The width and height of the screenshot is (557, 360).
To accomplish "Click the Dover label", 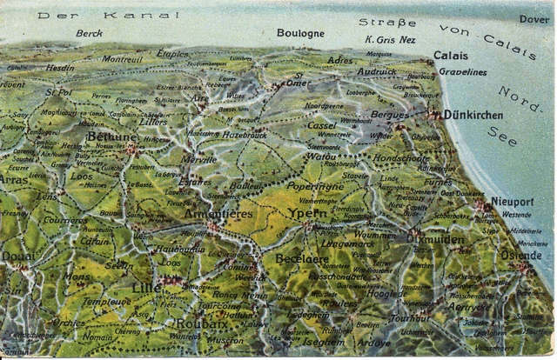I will pyautogui.click(x=534, y=17).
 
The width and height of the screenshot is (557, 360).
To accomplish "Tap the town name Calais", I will pyautogui.click(x=451, y=56).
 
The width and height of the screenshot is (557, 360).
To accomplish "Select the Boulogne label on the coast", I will pyautogui.click(x=300, y=33).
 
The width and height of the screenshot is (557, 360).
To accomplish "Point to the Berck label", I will pyautogui.click(x=89, y=34).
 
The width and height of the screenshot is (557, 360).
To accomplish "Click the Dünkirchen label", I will pyautogui.click(x=473, y=114).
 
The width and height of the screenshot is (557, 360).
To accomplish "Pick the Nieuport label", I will pyautogui.click(x=512, y=200).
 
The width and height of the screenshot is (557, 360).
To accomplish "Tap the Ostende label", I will pyautogui.click(x=520, y=255).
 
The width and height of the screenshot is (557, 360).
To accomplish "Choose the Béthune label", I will pyautogui.click(x=111, y=136).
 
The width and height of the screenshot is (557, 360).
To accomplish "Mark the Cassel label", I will pyautogui.click(x=321, y=125).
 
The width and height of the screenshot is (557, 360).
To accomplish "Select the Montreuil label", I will pyautogui.click(x=122, y=59).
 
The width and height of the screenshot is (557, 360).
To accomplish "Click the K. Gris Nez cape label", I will pyautogui.click(x=391, y=40).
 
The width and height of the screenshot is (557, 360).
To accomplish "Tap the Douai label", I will pyautogui.click(x=19, y=257).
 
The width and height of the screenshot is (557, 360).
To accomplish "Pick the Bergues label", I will pyautogui.click(x=389, y=114).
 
